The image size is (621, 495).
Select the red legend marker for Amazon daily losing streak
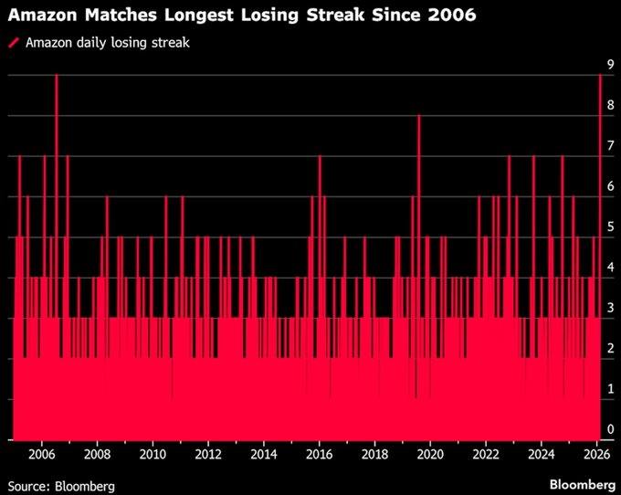(14, 43)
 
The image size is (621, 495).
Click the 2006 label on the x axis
(41, 453)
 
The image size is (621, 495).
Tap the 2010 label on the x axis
(153, 453)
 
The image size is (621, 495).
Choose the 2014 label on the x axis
(264, 453)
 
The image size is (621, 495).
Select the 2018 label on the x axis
(374, 453)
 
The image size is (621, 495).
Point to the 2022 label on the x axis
(486, 453)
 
